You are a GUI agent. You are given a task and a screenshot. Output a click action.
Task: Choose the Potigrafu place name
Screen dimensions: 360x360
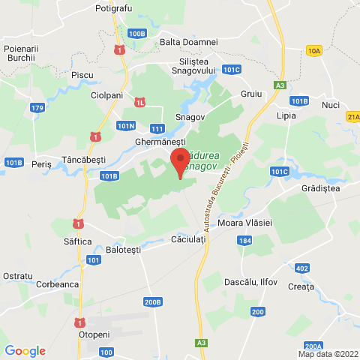(x=114, y=8)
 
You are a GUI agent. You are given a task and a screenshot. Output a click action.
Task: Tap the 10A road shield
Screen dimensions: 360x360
(x=313, y=50)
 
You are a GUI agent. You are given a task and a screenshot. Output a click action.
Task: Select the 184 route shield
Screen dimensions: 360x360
(x=244, y=241)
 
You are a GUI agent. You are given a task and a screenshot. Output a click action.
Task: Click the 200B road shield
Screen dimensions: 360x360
(x=153, y=302)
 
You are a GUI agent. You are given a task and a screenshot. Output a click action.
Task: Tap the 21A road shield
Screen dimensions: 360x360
(x=353, y=117)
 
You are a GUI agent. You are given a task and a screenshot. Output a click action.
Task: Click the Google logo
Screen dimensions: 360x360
(x=25, y=350)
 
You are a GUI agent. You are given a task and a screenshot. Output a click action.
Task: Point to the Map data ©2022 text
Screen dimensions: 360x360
(x=327, y=354)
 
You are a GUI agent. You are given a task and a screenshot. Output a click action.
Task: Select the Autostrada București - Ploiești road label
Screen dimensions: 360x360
(x=223, y=180)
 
